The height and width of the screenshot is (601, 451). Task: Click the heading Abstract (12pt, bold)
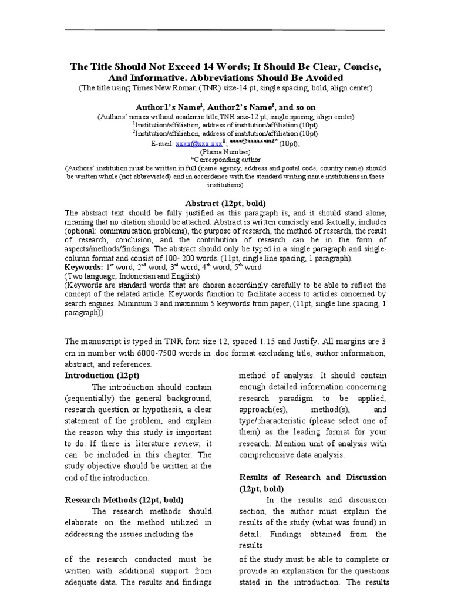[225, 203]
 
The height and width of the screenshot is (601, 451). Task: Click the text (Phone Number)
[225, 151]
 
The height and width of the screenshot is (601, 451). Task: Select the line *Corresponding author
[225, 159]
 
